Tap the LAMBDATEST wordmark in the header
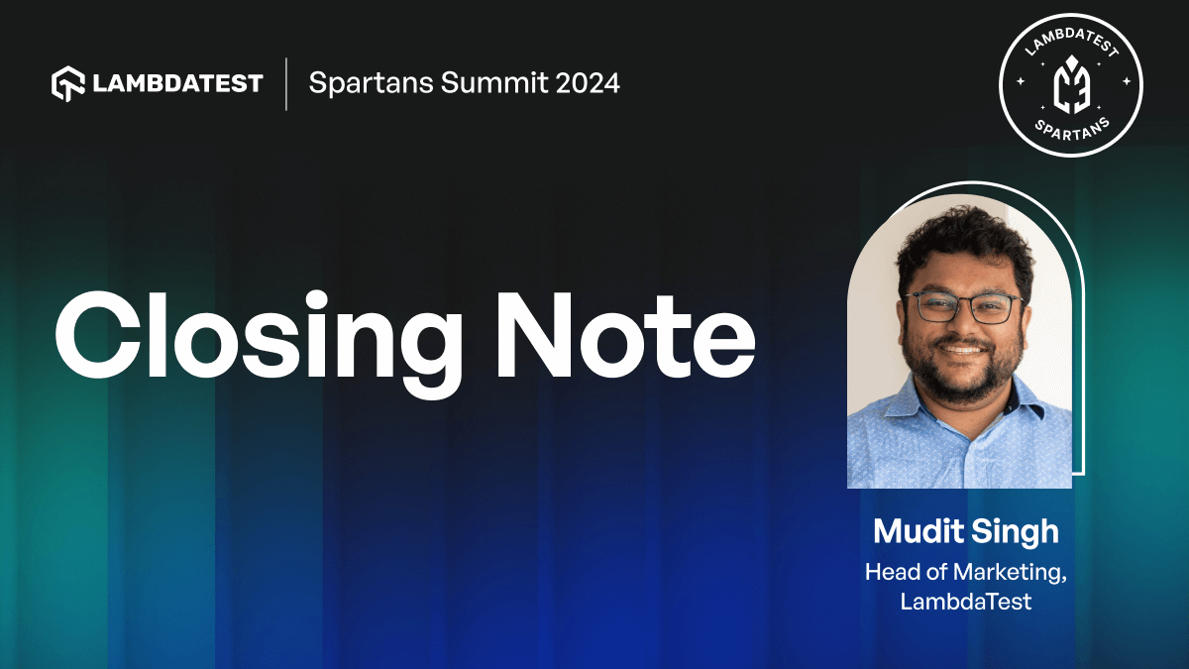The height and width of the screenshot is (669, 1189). [x=178, y=83]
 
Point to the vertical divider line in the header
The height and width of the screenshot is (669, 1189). [x=286, y=83]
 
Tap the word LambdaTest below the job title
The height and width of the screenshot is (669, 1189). [x=966, y=601]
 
